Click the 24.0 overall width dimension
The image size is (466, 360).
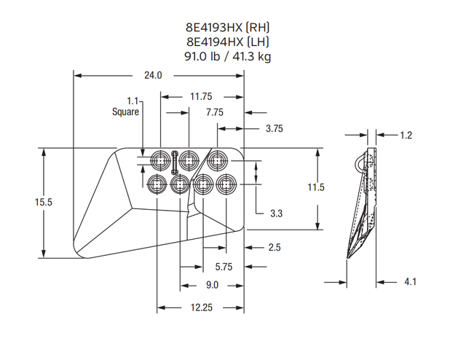(x=152, y=75)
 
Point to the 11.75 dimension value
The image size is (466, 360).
(x=201, y=96)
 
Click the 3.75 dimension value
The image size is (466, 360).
(x=274, y=128)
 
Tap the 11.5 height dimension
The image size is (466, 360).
(x=315, y=187)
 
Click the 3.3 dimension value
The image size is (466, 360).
(x=276, y=214)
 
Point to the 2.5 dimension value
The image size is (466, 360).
(x=274, y=248)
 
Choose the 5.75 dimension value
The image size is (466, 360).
(x=224, y=267)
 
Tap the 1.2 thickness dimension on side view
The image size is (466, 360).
(x=406, y=135)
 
